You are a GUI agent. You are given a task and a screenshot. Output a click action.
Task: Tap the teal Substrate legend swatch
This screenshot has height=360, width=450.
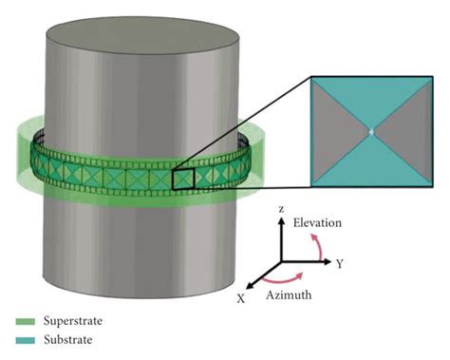[20, 339]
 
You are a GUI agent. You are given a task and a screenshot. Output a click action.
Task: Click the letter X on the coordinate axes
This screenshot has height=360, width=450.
[241, 297]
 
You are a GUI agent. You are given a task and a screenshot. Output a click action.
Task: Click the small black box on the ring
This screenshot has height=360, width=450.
[183, 179]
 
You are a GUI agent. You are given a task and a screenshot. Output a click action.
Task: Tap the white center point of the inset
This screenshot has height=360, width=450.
[373, 132]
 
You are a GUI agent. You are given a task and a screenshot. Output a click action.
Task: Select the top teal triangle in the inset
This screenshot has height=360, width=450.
[373, 103]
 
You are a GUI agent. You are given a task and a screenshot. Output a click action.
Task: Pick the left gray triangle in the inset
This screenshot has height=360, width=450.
[338, 132]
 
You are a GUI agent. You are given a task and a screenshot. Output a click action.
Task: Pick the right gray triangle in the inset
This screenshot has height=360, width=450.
[408, 132]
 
